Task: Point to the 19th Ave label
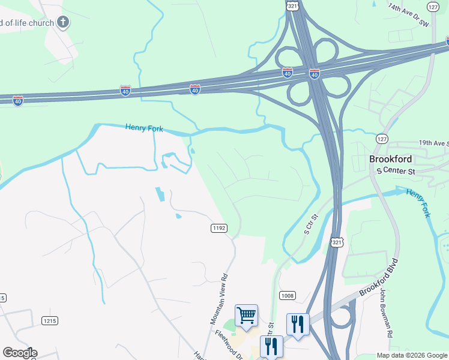pos(433,143)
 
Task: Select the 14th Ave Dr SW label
pos(409,17)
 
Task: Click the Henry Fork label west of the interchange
pos(144,128)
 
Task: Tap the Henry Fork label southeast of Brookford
pos(418,202)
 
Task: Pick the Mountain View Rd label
pos(220,299)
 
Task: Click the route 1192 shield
pos(218,228)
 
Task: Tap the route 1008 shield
pos(288,295)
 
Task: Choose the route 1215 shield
pos(50,321)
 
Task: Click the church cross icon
pos(63,23)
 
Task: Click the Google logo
pos(20,353)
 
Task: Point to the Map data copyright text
pos(412,355)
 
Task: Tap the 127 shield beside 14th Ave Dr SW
pos(432,7)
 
